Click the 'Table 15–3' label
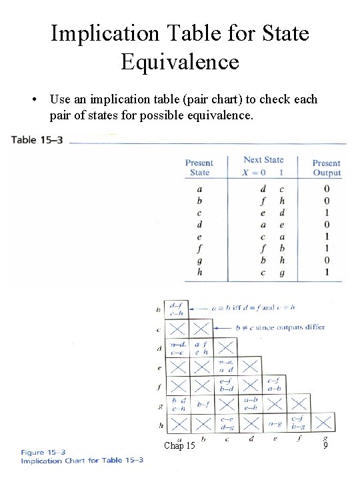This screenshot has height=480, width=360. (x=38, y=140)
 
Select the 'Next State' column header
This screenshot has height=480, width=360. (x=263, y=160)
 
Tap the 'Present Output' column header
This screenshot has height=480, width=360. (x=327, y=168)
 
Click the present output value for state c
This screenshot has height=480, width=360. (x=327, y=213)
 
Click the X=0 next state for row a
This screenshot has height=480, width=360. (x=263, y=189)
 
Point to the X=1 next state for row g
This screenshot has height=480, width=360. (x=281, y=260)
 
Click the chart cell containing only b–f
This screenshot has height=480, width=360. (x=202, y=404)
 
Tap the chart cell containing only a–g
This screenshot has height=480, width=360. (x=275, y=423)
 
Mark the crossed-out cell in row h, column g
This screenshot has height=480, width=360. (x=323, y=422)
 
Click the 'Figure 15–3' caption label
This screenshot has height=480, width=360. (x=43, y=451)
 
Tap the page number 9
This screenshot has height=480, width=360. (x=324, y=445)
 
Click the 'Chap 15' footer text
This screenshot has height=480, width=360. (x=179, y=445)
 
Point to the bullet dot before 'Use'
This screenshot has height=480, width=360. (x=33, y=100)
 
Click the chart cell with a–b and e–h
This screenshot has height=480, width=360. (x=251, y=404)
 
